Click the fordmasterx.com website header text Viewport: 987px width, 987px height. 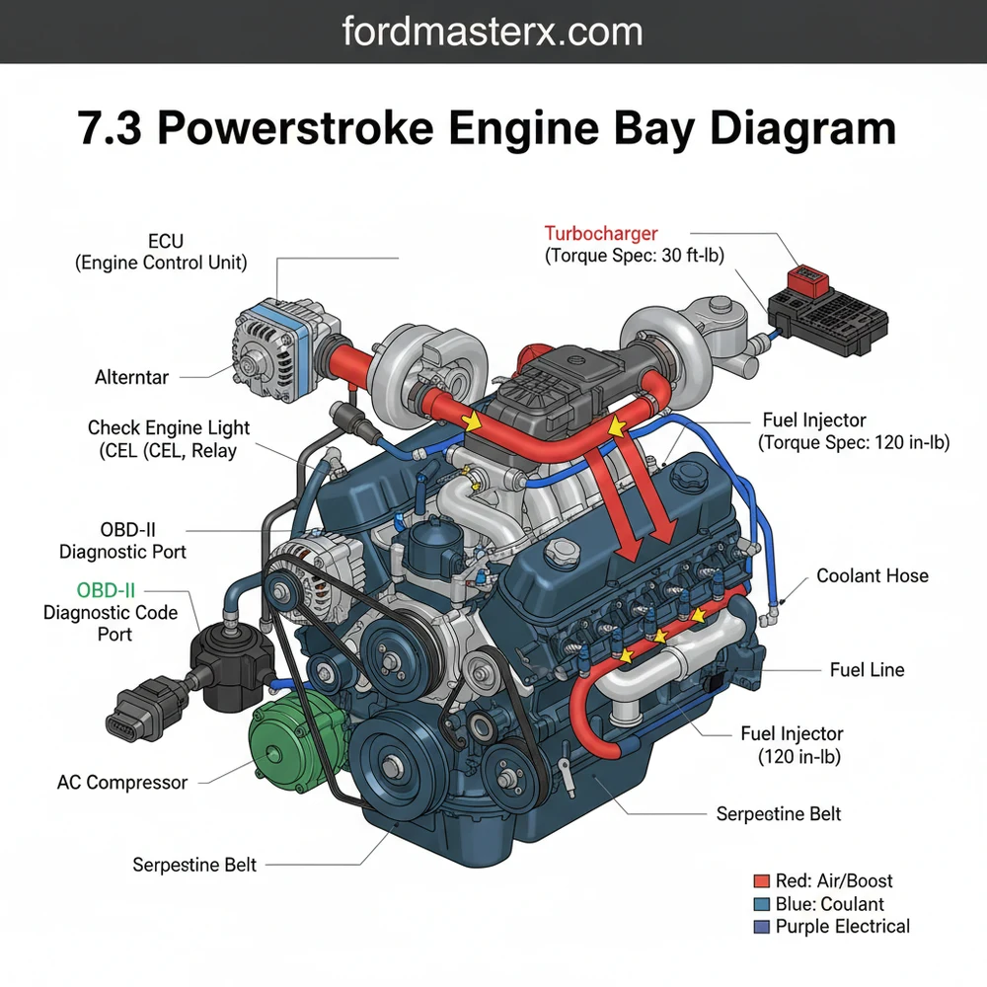point(493,32)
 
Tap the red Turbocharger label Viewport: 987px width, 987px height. point(600,234)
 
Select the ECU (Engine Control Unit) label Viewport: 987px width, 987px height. point(161,252)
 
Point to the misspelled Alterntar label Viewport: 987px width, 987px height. point(131,377)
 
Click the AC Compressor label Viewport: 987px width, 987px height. point(122,783)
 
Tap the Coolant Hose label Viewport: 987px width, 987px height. point(872,575)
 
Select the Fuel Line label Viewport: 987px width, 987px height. point(867,670)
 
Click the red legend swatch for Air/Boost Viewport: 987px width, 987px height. point(760,880)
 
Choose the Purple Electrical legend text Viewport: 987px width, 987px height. point(842,926)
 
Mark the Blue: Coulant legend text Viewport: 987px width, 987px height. point(829,903)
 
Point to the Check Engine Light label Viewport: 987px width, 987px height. point(168,439)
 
